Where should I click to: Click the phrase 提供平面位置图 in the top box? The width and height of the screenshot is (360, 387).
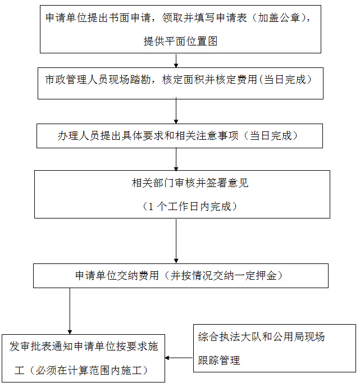pyautogui.click(x=180, y=41)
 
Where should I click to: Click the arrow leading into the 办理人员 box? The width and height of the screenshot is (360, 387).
pyautogui.click(x=176, y=112)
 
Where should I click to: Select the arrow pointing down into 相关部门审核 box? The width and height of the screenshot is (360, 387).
pyautogui.click(x=176, y=160)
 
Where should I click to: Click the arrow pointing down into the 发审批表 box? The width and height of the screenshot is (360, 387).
pyautogui.click(x=70, y=312)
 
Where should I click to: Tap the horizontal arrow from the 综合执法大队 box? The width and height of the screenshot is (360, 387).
pyautogui.click(x=179, y=358)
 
